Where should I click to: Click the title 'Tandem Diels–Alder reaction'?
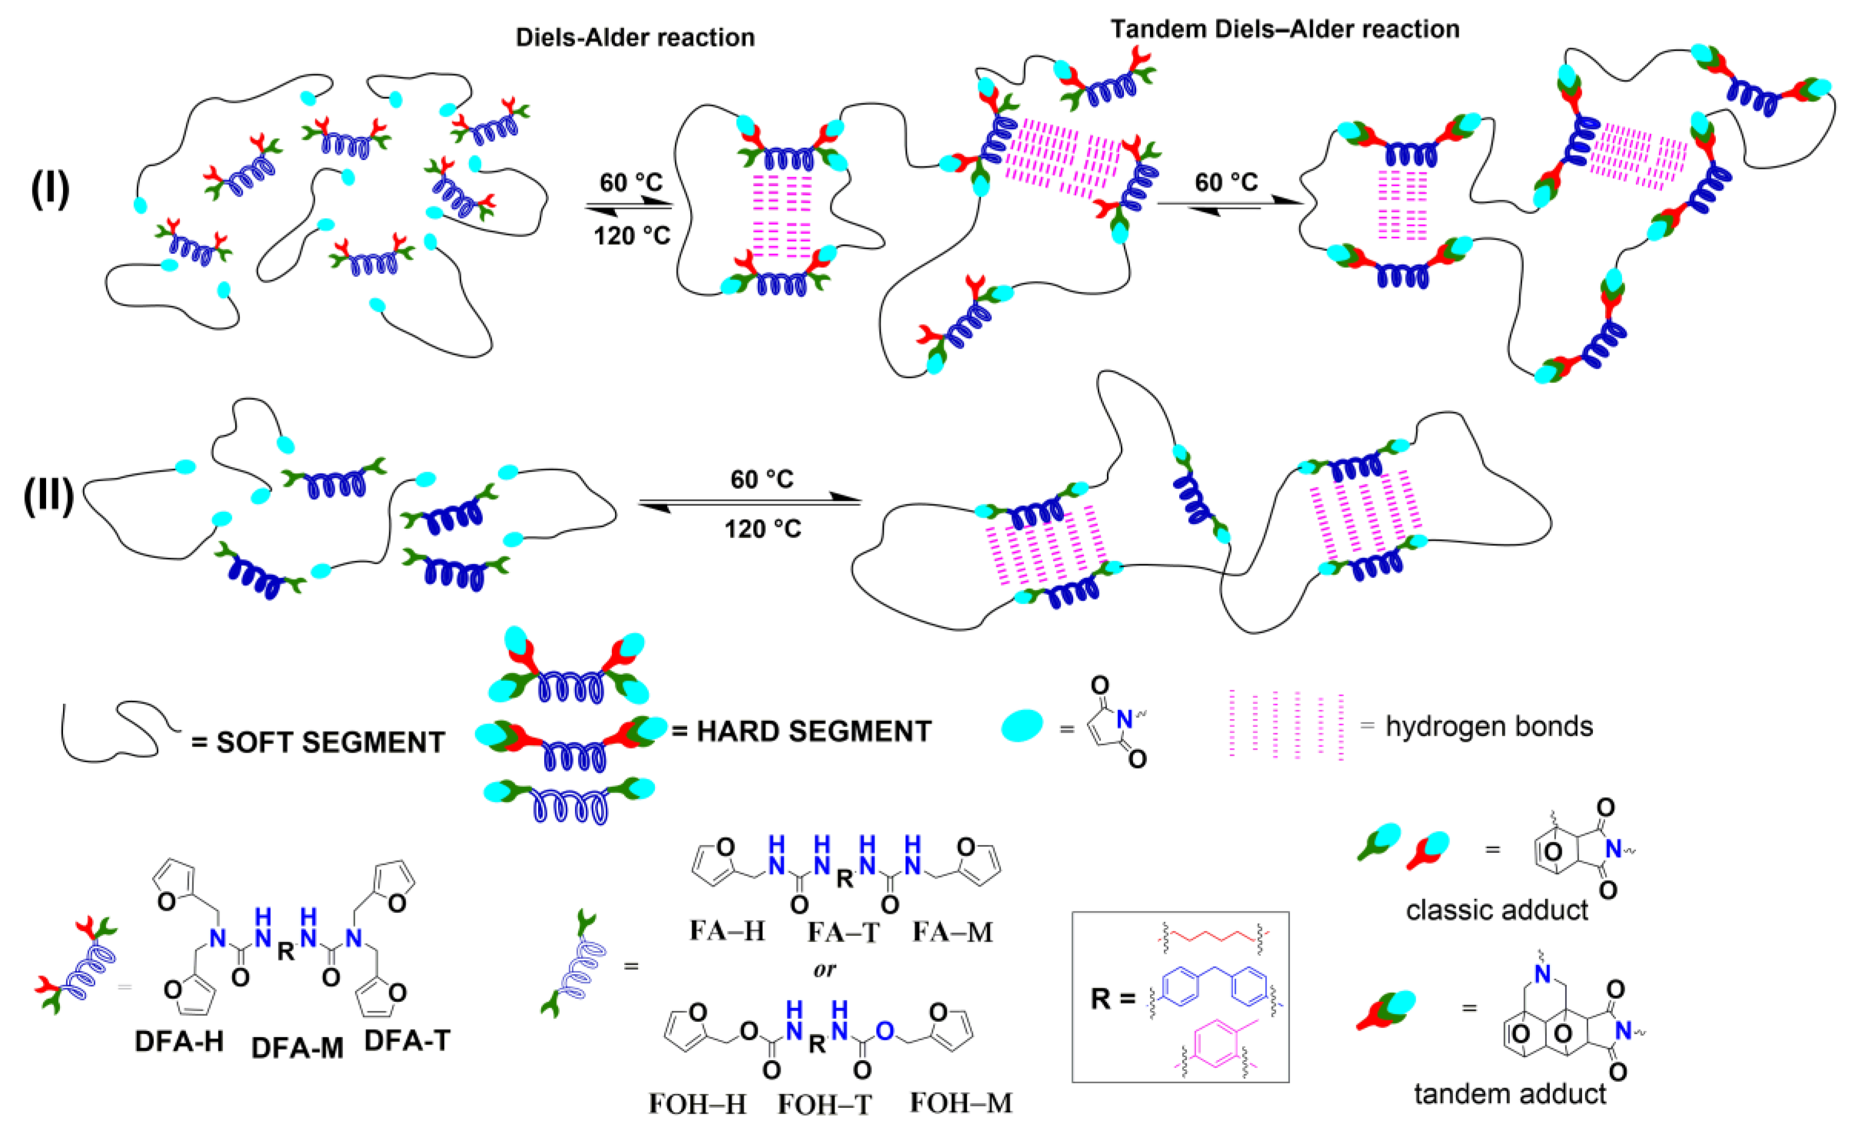coord(1285,29)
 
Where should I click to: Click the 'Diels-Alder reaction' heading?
coord(635,37)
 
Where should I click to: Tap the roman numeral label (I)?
coord(50,189)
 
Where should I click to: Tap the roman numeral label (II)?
coord(48,497)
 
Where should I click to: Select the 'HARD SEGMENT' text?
coord(814,731)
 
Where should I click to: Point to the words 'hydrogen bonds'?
coord(1489,726)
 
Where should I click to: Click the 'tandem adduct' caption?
coord(1509,1094)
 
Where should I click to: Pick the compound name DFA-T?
coord(407,1041)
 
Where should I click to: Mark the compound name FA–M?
coord(952,933)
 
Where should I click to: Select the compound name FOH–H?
coord(697,1104)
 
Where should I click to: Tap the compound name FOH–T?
coord(825,1105)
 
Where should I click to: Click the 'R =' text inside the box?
coord(1112,999)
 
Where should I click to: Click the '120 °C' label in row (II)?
coord(762,529)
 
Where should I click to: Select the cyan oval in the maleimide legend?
coord(1022,726)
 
